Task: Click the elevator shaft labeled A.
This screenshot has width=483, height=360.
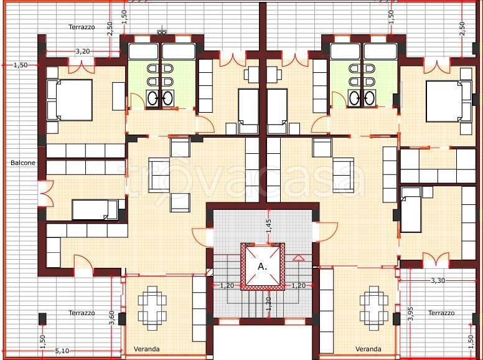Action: pyautogui.click(x=263, y=267)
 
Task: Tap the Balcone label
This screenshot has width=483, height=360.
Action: pyautogui.click(x=23, y=163)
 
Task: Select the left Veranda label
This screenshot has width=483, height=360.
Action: pyautogui.click(x=147, y=349)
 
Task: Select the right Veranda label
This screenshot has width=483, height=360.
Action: pyautogui.click(x=368, y=349)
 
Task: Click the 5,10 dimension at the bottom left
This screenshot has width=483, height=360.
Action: pyautogui.click(x=62, y=351)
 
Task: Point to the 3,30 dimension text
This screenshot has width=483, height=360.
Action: pyautogui.click(x=438, y=280)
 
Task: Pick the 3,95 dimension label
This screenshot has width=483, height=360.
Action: pyautogui.click(x=410, y=314)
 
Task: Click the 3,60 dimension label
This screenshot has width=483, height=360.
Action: pyautogui.click(x=112, y=318)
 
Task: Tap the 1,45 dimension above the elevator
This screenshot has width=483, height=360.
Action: pyautogui.click(x=269, y=226)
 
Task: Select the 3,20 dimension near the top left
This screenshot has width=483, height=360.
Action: pyautogui.click(x=83, y=51)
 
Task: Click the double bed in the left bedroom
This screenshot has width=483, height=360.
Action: pyautogui.click(x=70, y=100)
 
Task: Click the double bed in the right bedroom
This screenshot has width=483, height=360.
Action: pyautogui.click(x=449, y=102)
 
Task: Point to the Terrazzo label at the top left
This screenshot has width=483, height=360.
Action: pyautogui.click(x=82, y=27)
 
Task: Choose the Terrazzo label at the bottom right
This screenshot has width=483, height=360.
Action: pyautogui.click(x=441, y=313)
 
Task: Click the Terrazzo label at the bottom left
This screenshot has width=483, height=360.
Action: pyautogui.click(x=82, y=313)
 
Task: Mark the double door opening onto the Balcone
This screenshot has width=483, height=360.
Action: pyautogui.click(x=45, y=193)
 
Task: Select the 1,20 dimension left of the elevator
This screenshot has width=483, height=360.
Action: pyautogui.click(x=227, y=286)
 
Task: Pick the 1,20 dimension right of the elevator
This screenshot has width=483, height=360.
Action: pyautogui.click(x=298, y=286)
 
